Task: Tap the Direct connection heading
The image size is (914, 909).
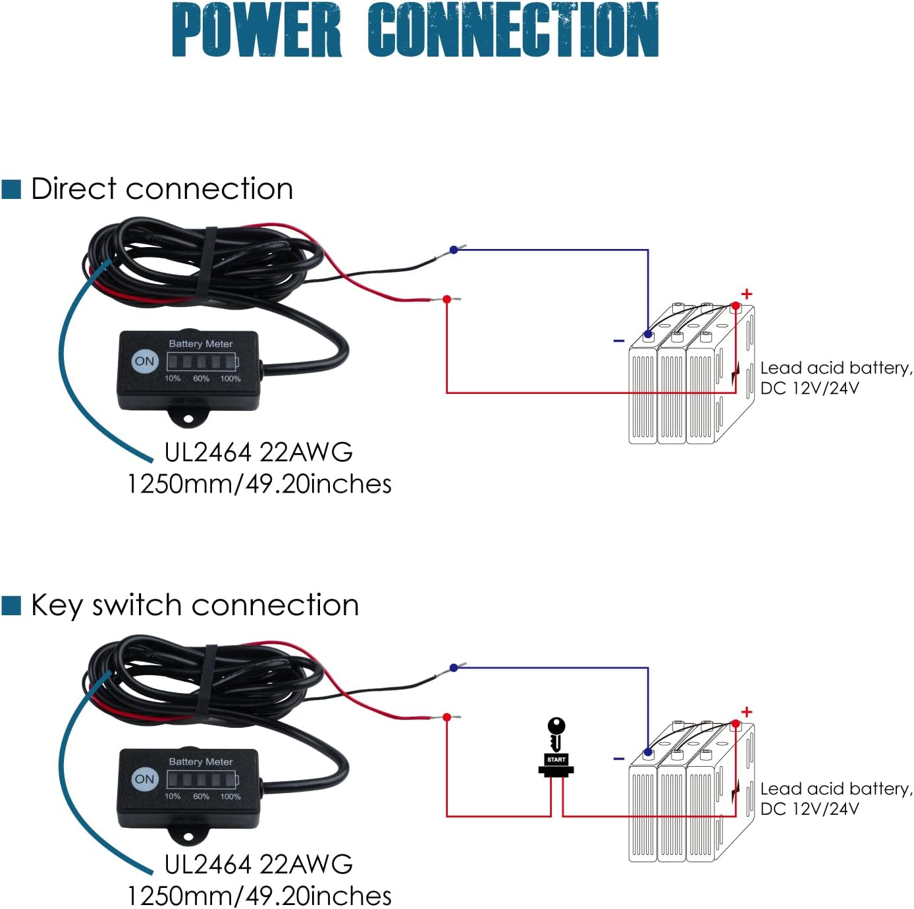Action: (162, 189)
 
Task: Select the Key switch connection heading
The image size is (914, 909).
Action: (195, 605)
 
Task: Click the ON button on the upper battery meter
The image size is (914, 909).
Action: (144, 361)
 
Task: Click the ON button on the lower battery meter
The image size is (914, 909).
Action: (144, 779)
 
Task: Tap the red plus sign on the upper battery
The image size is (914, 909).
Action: (746, 294)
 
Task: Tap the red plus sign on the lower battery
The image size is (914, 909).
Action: (746, 712)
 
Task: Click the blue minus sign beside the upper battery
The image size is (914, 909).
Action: (618, 341)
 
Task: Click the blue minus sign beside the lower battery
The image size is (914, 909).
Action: (618, 759)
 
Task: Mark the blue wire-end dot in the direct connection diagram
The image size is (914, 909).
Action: (454, 250)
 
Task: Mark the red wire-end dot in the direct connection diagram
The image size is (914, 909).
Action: (447, 299)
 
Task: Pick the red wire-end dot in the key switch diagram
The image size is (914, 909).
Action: (447, 717)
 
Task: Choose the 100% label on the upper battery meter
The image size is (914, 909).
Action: (230, 379)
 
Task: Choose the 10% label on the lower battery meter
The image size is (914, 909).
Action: (173, 796)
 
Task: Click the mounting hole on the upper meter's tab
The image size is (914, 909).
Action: (188, 418)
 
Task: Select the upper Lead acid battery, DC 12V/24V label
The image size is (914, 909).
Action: (835, 377)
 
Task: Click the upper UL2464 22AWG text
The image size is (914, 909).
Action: (258, 453)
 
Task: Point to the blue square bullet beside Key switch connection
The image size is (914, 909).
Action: (12, 605)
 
